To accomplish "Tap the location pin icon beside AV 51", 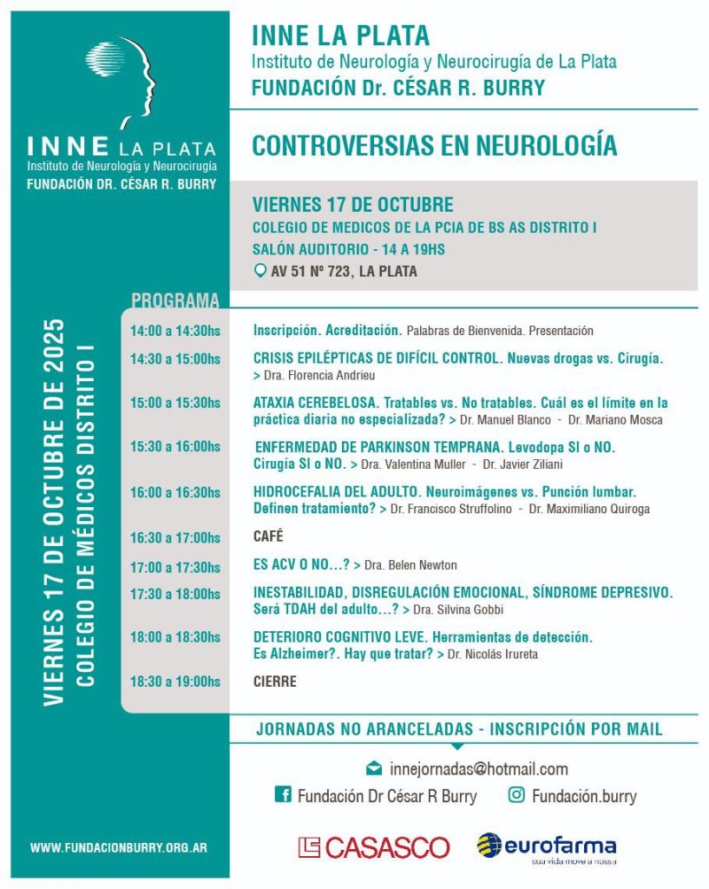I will pyautogui.click(x=259, y=271).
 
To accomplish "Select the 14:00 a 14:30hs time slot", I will pyautogui.click(x=174, y=331).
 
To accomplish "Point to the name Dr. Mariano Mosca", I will pyautogui.click(x=615, y=420).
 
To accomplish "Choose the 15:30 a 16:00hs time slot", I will pyautogui.click(x=174, y=447).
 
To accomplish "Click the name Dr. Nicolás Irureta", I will pyautogui.click(x=492, y=654).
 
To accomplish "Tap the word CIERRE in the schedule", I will pyautogui.click(x=274, y=682).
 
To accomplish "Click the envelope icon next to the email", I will pyautogui.click(x=374, y=768).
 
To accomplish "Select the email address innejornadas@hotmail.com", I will pyautogui.click(x=479, y=768).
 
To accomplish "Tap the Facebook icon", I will pyautogui.click(x=282, y=794).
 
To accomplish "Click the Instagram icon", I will pyautogui.click(x=516, y=794).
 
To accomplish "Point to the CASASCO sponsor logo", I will pyautogui.click(x=374, y=847).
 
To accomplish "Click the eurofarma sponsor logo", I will pyautogui.click(x=547, y=846).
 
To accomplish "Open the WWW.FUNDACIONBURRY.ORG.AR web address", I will pyautogui.click(x=118, y=847).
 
